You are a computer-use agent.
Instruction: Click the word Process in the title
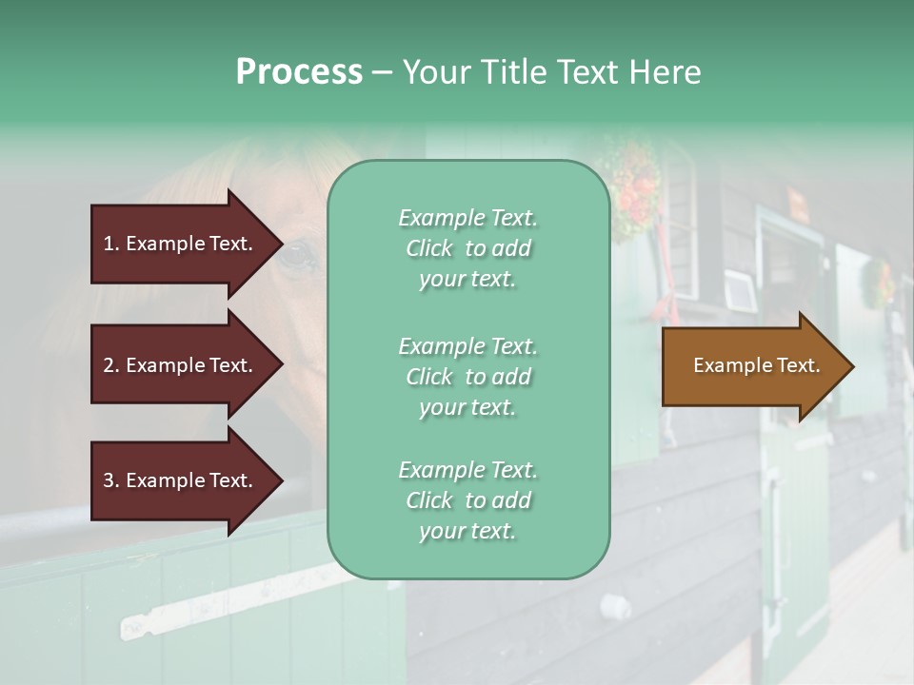click(299, 72)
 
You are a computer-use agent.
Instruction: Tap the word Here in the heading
click(665, 72)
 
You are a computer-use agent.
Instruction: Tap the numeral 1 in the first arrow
click(109, 244)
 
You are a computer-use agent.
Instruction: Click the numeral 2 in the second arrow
click(109, 365)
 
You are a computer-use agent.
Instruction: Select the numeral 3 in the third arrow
click(109, 481)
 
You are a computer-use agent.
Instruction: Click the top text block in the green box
click(468, 248)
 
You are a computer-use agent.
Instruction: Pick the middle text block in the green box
click(468, 376)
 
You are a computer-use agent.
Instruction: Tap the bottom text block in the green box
click(468, 500)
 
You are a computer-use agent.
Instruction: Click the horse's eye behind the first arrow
click(298, 255)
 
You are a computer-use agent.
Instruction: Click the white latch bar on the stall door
click(228, 599)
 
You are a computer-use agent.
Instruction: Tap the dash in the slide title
click(382, 72)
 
